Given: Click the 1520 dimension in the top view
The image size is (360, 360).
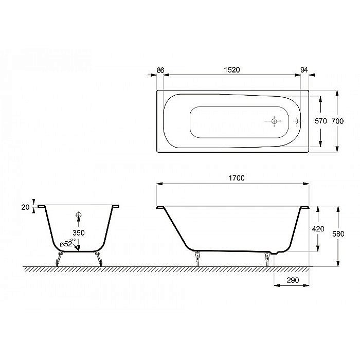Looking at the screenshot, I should click(232, 68).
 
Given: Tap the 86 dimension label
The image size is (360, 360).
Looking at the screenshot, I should click(159, 68).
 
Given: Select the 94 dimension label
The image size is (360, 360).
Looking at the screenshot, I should click(304, 68).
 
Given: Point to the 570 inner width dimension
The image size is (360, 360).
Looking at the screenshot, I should click(321, 121).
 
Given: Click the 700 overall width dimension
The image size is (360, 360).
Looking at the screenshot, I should click(337, 121).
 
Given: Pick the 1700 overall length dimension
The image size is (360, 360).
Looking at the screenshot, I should click(235, 177).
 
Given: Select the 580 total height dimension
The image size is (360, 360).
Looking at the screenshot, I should click(337, 233).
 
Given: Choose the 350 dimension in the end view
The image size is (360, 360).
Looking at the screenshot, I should click(78, 232).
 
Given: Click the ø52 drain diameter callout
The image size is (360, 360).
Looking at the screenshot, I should click(66, 243).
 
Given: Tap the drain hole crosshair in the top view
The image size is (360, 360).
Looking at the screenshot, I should click(274, 121).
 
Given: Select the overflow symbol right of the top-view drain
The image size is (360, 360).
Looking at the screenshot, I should click(297, 121).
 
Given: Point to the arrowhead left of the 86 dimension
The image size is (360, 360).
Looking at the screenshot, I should click(152, 75).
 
